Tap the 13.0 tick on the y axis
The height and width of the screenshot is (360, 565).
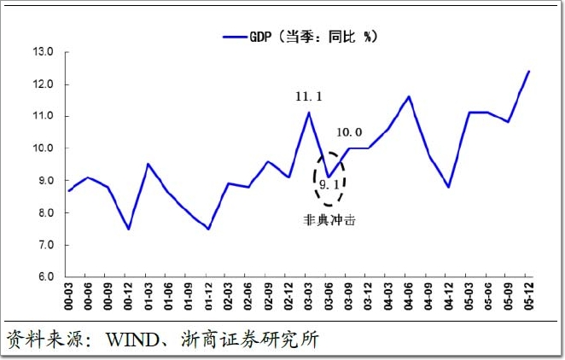[44, 52]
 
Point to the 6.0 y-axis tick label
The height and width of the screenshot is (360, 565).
[44, 277]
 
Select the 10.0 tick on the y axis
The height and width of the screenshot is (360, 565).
[44, 148]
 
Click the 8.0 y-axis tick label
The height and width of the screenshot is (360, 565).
[44, 213]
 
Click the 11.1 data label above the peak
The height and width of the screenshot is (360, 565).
[309, 97]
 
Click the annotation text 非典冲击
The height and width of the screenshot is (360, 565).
[329, 219]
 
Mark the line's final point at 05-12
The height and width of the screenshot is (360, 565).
[529, 71]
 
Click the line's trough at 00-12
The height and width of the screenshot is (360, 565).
[128, 229]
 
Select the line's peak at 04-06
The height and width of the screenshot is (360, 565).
[409, 96]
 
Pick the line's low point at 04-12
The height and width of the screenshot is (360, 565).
[449, 187]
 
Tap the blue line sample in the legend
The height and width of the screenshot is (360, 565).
[234, 38]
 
